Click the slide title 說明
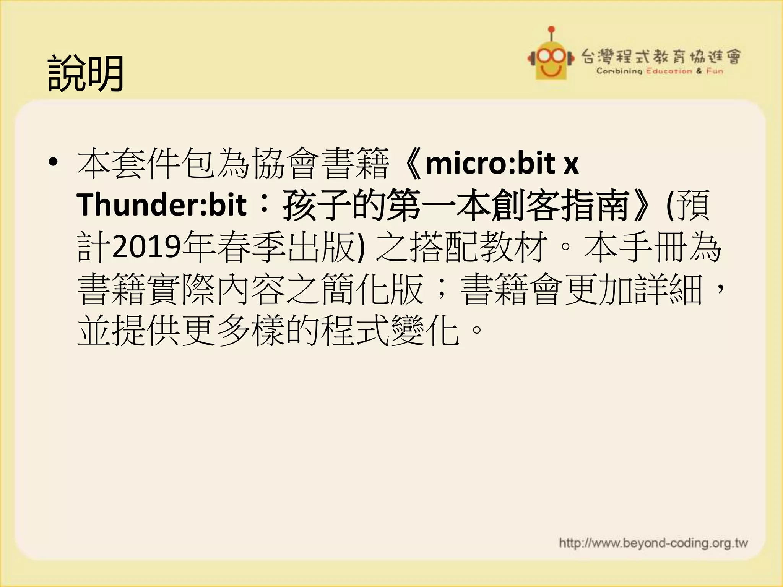[86, 73]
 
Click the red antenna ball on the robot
[551, 29]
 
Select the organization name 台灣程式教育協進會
[661, 57]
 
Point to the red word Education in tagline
[669, 71]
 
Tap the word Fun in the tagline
[715, 71]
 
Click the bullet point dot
[53, 162]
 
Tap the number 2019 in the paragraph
[146, 246]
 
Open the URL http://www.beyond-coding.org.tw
[653, 543]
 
